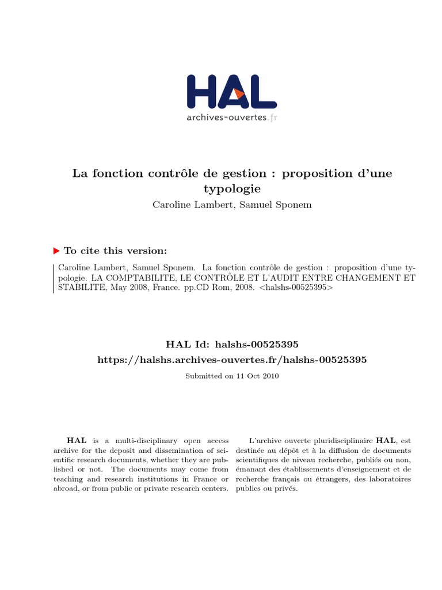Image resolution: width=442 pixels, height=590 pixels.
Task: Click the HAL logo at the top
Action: [x=231, y=92]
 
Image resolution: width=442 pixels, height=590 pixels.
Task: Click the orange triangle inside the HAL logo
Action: [x=239, y=94]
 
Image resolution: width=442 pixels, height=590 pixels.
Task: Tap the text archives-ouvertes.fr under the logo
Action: [x=231, y=117]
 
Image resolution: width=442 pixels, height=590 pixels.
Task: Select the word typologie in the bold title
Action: [x=232, y=188]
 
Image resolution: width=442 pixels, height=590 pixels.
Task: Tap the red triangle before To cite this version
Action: [x=56, y=251]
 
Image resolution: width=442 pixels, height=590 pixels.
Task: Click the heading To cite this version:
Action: [x=115, y=251]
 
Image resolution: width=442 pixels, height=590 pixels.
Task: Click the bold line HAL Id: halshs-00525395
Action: [x=231, y=345]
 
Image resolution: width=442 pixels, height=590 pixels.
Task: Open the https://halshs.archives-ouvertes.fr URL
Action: [x=231, y=360]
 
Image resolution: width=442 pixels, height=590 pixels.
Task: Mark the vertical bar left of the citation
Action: [x=54, y=278]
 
